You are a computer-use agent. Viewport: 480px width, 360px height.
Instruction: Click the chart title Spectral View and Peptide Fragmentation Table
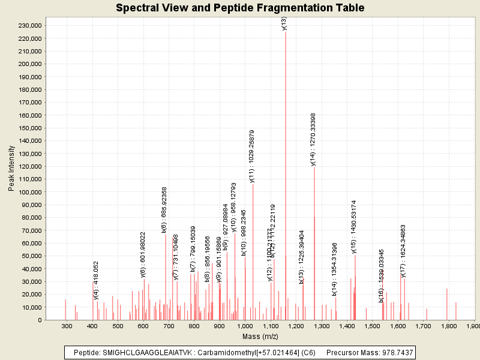coord(240,8)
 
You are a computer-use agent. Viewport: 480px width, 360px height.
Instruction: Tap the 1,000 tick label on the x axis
coord(245,326)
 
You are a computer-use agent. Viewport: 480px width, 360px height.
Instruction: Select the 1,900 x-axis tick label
coord(473,326)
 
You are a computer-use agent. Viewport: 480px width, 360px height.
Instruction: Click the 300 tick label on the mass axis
coord(66,326)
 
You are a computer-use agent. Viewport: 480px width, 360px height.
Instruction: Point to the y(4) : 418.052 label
coord(96,280)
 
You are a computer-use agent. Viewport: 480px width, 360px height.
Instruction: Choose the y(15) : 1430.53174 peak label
coord(355,227)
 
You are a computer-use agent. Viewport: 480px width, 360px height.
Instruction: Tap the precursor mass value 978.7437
coord(395,353)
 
